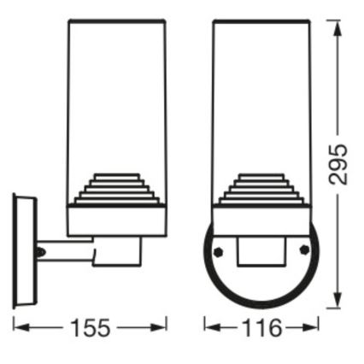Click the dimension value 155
pos(90,327)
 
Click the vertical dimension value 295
pos(338,164)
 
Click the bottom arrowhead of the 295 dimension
pos(338,304)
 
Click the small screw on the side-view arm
pos(41,252)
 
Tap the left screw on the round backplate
pos(220,251)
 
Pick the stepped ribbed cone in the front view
pos(262,190)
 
